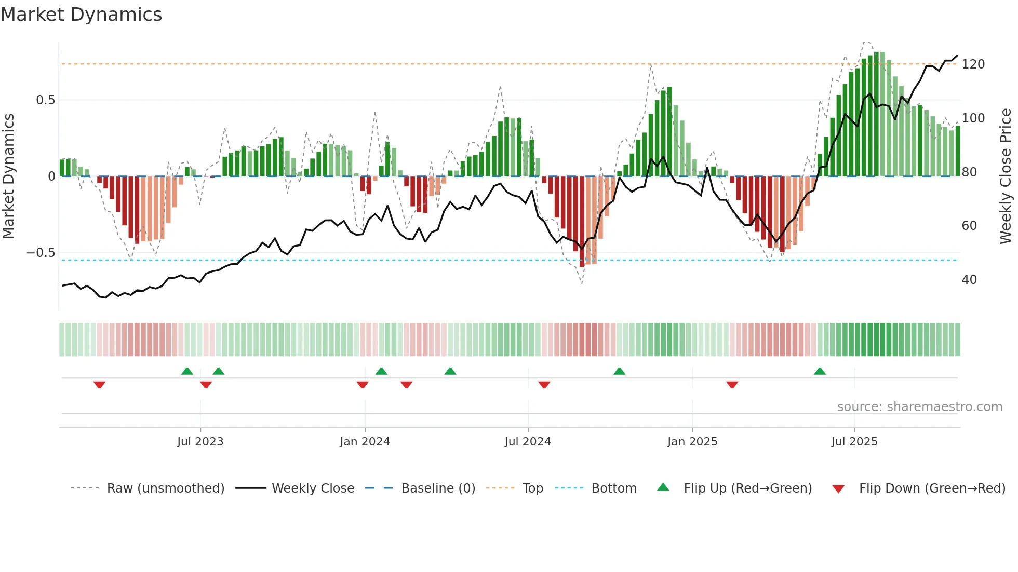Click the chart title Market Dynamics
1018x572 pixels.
click(x=82, y=15)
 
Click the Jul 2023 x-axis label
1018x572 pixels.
click(x=200, y=442)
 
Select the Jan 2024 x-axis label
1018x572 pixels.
click(x=365, y=442)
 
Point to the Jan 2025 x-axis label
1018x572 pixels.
click(x=692, y=442)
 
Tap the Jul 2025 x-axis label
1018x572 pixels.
click(x=854, y=442)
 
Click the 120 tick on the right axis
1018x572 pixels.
click(x=973, y=64)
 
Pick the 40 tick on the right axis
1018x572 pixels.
click(x=969, y=280)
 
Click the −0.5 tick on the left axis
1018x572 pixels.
click(x=41, y=253)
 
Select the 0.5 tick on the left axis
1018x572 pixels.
click(x=45, y=100)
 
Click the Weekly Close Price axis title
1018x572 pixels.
click(x=1006, y=176)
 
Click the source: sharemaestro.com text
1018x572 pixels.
click(x=919, y=407)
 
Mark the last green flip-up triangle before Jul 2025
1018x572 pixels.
click(x=820, y=371)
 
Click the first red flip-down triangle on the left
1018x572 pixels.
click(x=99, y=385)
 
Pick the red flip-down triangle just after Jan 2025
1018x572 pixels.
click(x=732, y=385)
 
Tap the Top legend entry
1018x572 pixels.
click(x=532, y=488)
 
